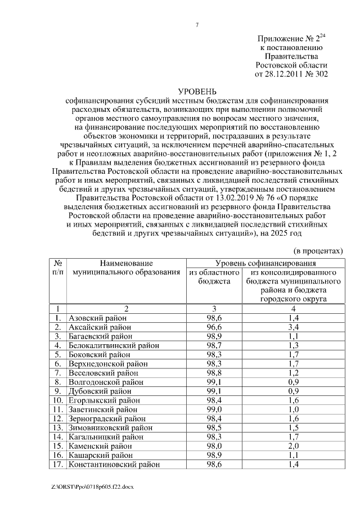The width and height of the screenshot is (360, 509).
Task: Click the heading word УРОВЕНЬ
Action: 196,91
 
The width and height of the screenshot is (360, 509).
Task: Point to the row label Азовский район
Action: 97,318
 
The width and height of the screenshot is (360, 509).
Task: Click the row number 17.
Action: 57,465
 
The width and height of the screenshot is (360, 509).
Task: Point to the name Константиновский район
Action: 114,465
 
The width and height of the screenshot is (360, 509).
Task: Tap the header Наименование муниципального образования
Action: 127,268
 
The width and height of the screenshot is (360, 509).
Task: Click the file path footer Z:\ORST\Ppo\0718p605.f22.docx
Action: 89,485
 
